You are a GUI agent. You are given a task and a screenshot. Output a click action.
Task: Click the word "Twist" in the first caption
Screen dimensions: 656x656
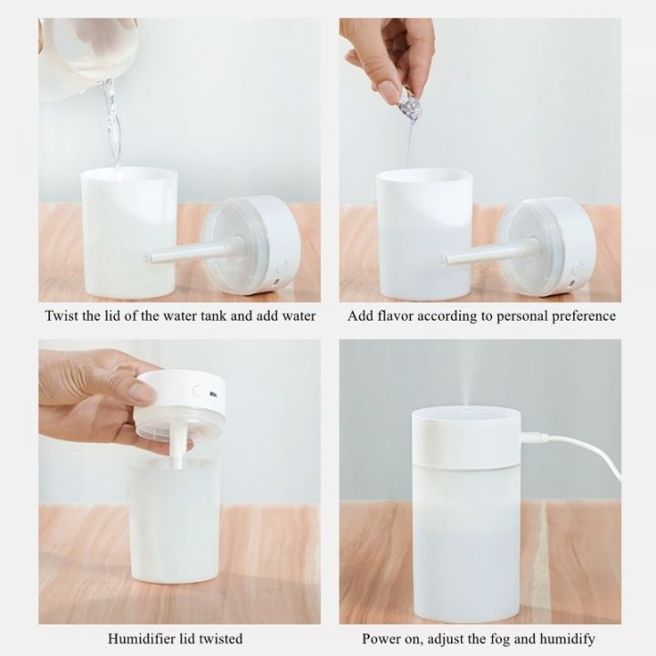click(x=63, y=316)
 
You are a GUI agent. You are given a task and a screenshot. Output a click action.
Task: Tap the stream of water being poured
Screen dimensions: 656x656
click(x=112, y=123)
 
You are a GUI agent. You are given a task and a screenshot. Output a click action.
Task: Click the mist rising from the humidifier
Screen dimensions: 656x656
click(x=468, y=374)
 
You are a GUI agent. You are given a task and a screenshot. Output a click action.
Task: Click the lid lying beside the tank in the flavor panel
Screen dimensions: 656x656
click(x=547, y=246)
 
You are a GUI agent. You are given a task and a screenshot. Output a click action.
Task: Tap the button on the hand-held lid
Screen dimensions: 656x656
click(x=197, y=392)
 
